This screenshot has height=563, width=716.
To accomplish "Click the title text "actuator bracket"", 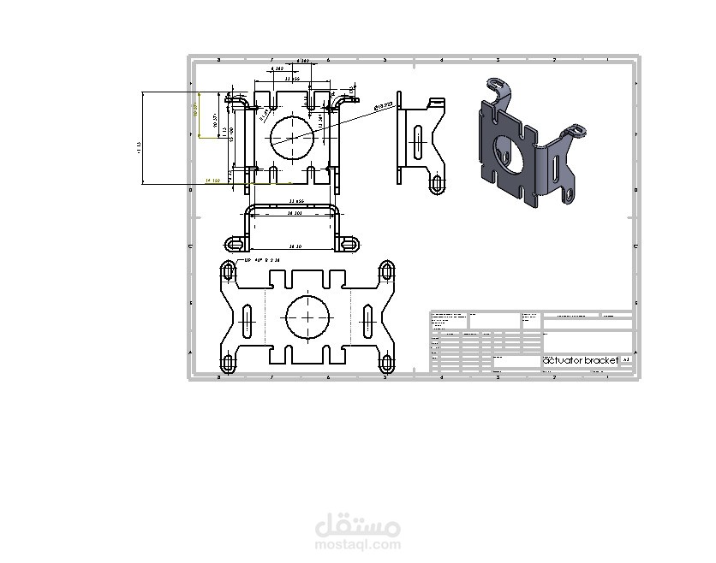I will [580, 361].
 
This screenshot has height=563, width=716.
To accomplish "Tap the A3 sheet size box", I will [626, 361].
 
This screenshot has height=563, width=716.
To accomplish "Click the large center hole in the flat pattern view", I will [307, 318].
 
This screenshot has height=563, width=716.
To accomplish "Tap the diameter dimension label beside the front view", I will [383, 106].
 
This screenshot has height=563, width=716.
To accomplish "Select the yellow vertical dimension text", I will [194, 114].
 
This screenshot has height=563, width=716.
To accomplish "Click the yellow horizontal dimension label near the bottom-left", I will [213, 181].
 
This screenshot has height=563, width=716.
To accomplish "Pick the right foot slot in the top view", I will [347, 243].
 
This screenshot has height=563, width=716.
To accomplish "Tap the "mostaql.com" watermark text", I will [358, 543].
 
